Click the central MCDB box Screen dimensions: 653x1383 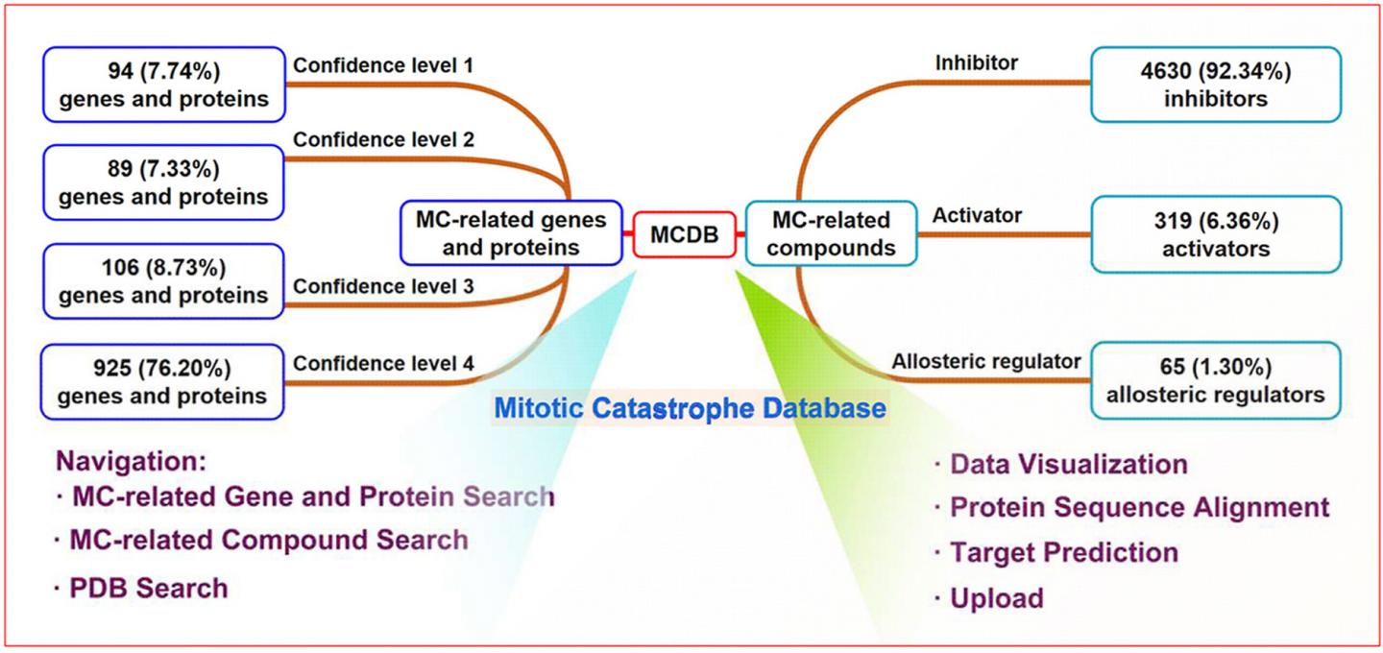[x=684, y=233]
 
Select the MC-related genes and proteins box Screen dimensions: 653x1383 [x=511, y=233]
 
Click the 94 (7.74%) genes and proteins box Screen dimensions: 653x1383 [x=163, y=85]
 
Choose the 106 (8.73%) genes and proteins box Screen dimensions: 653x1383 [x=163, y=280]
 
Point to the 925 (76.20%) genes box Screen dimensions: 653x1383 [x=163, y=381]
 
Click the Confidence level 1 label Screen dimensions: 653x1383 [x=383, y=65]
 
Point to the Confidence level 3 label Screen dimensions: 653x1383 [x=383, y=285]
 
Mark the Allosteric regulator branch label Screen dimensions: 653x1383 [x=986, y=362]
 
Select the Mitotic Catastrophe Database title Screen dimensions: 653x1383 [x=689, y=408]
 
